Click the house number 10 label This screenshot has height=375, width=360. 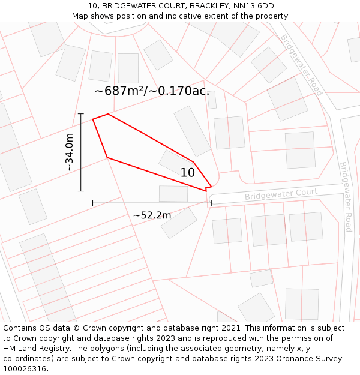pos(188,173)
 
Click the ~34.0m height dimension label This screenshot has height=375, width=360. pos(70,152)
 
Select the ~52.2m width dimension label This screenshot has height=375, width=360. pos(152,215)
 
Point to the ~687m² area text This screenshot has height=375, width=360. pos(123,91)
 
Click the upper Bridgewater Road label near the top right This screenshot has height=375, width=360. pos(301,65)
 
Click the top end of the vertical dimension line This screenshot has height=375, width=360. pos(81,113)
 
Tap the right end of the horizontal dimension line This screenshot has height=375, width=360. pos(211,203)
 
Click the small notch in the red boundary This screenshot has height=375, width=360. pos(208,188)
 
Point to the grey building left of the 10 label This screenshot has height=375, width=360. pos(170,161)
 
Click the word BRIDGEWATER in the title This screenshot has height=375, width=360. pos(131,6)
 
